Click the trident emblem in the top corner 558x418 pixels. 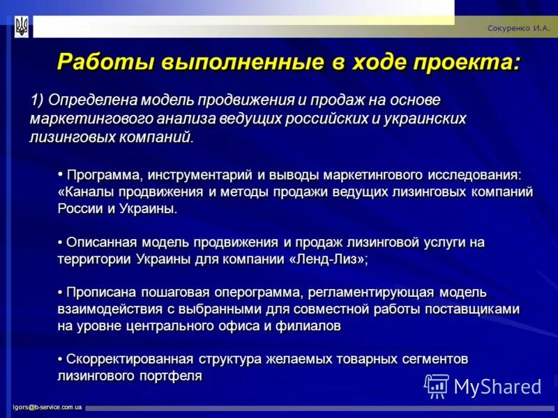[22, 27]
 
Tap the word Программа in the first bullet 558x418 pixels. [105, 173]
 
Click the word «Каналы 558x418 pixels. [86, 191]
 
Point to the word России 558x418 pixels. [79, 208]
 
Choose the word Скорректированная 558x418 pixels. [130, 359]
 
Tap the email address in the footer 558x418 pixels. [47, 407]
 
